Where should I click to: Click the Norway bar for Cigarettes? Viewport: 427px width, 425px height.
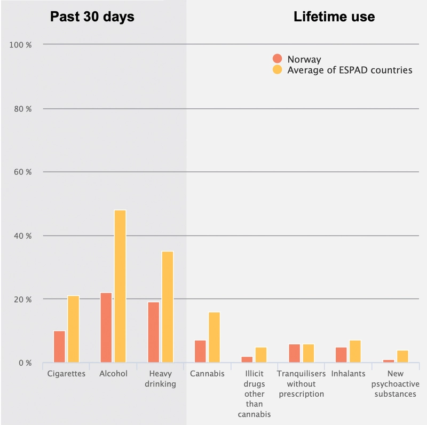59,347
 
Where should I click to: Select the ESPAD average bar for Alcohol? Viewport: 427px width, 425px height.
120,286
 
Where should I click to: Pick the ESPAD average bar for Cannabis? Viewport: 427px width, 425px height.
214,337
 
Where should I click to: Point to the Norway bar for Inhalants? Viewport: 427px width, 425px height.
341,355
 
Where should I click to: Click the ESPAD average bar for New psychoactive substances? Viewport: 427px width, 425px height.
402,356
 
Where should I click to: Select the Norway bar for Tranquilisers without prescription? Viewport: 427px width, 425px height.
294,353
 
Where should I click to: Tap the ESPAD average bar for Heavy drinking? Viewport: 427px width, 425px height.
167,307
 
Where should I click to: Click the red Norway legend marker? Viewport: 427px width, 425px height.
277,59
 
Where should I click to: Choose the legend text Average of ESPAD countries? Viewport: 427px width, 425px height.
350,70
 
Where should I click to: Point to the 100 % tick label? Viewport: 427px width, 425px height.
21,45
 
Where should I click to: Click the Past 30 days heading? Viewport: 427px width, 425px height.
92,17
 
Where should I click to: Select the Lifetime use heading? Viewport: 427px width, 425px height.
334,17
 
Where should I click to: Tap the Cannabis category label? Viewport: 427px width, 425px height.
207,374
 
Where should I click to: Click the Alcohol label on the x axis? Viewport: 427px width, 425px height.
113,374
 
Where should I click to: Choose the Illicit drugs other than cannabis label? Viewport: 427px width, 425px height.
254,394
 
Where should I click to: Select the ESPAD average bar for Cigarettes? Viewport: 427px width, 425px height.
73,329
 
